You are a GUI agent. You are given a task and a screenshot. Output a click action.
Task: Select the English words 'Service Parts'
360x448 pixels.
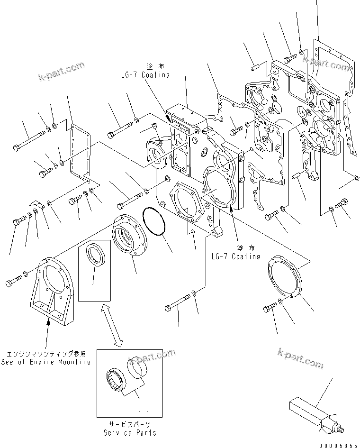point(130,433)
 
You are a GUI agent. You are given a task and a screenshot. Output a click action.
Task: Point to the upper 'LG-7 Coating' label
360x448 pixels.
point(144,75)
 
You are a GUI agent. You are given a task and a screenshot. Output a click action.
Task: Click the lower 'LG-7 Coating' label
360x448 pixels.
point(235,256)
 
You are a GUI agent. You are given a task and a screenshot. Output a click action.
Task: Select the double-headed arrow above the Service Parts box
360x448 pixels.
point(112,326)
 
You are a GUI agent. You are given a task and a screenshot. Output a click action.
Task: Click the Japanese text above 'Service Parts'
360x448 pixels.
point(130,425)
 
